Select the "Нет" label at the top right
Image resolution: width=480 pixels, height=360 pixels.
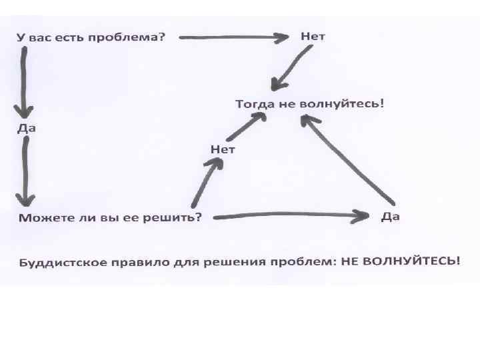pos(313,36)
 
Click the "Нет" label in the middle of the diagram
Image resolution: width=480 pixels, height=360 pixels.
pos(223,149)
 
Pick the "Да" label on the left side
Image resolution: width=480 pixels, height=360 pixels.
pos(26,129)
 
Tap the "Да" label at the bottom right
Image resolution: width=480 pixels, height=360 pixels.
pos(390,217)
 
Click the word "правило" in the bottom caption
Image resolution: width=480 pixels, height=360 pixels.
pos(141,261)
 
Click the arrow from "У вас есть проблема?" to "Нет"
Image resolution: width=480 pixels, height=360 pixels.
pos(233,38)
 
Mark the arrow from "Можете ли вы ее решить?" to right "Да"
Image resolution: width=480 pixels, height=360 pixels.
pos(287,215)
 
